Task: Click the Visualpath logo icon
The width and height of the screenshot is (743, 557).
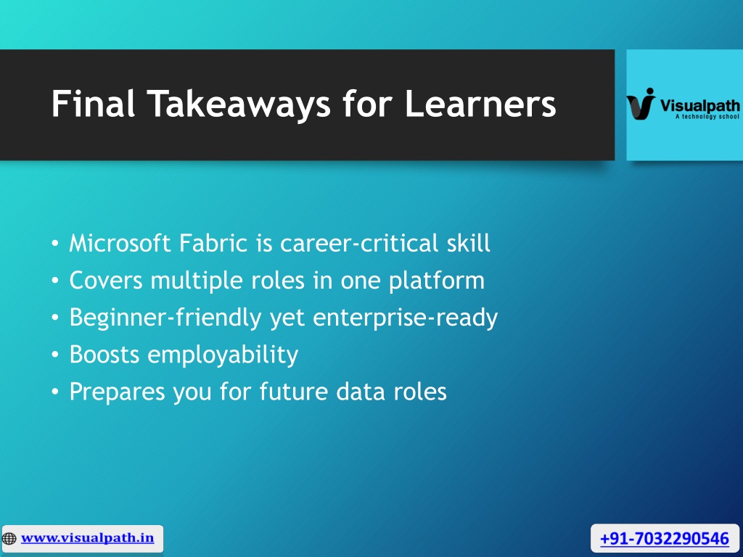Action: tap(641, 104)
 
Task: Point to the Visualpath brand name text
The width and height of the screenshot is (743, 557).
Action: tap(700, 105)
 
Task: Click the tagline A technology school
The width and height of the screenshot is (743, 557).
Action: tap(707, 117)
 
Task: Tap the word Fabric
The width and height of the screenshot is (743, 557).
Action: tap(213, 243)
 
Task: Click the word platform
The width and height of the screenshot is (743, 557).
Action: tap(436, 281)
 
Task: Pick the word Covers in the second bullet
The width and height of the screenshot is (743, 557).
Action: tap(106, 281)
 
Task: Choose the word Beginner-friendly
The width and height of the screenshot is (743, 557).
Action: tap(165, 318)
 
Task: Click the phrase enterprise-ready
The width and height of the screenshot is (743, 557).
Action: tap(405, 318)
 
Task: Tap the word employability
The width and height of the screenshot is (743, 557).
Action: tap(223, 354)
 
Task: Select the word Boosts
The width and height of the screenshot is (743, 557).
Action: tap(104, 354)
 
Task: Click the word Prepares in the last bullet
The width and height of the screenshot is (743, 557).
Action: tap(118, 392)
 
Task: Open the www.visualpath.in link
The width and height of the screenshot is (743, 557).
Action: tap(87, 538)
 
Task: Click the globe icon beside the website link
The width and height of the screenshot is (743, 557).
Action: tap(9, 539)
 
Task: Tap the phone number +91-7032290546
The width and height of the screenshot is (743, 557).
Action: tap(665, 539)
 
